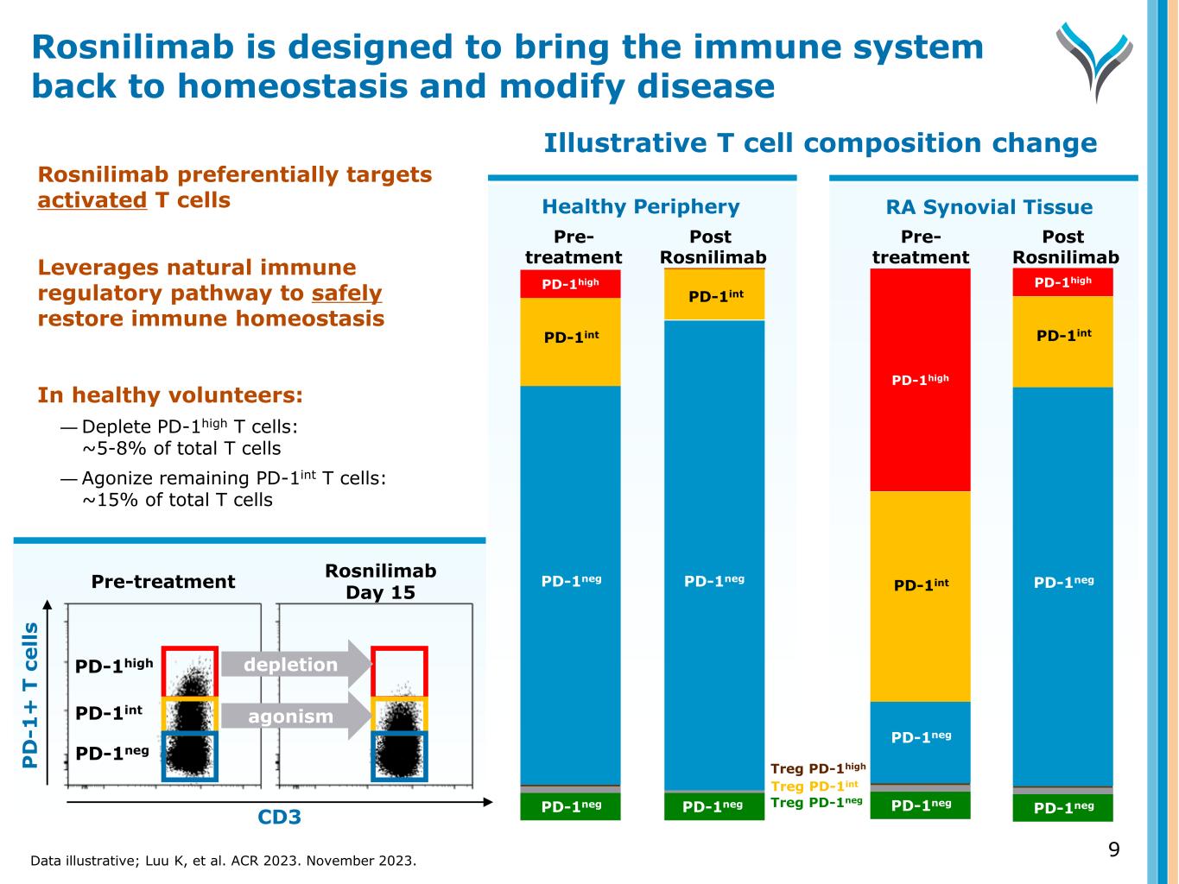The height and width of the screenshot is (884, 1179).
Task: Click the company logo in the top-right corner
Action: point(1093,60)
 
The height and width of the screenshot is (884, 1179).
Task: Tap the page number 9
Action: point(1113,849)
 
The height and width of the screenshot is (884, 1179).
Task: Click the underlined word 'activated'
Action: point(92,200)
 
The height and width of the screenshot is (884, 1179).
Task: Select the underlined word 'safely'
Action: point(346,294)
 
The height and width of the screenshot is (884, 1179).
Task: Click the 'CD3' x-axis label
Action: point(280,817)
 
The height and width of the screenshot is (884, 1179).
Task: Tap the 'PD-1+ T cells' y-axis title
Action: point(31,695)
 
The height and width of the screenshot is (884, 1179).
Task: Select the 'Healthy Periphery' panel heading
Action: point(641,207)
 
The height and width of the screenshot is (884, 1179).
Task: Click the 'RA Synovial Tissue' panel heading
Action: point(989,207)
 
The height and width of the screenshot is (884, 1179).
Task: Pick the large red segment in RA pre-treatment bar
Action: point(920,380)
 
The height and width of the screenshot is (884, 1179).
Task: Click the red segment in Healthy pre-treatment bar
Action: point(570,283)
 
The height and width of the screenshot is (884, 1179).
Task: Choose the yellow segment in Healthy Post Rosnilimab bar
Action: point(714,295)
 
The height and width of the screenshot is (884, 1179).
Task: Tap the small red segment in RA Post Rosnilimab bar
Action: point(1062,282)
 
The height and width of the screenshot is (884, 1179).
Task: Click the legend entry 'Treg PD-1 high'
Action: point(817,768)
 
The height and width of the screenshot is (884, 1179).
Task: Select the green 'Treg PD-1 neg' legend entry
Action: point(816,803)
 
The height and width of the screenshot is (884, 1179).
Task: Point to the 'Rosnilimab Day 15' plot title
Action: point(380,581)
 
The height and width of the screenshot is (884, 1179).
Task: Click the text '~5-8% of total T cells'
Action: point(181,449)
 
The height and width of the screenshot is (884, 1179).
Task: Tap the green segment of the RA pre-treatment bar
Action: point(920,805)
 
